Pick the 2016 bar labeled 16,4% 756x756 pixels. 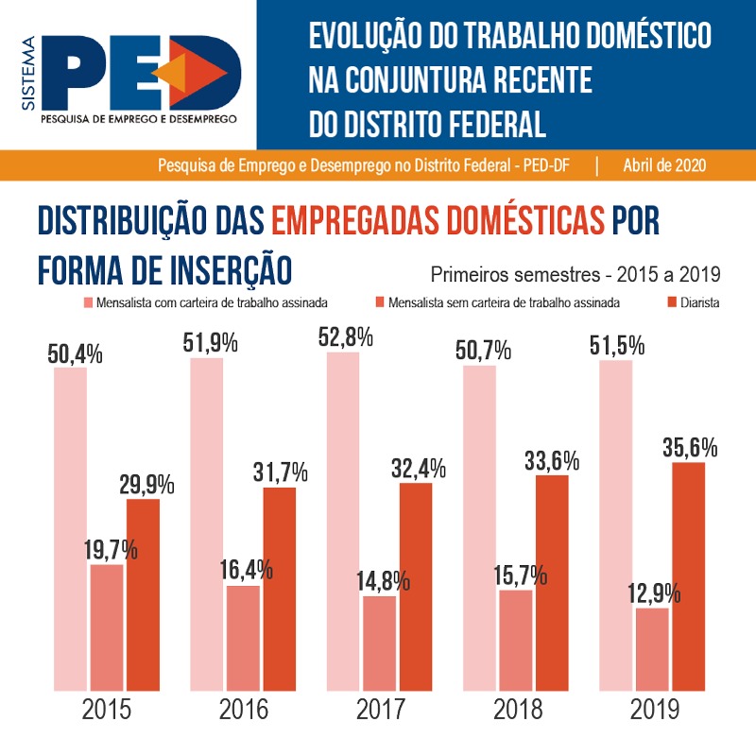(243, 638)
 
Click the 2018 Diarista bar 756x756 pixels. (552, 582)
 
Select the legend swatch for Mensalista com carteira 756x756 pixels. (89, 303)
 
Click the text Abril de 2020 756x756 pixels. (665, 164)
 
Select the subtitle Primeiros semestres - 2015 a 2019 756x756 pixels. (576, 276)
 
